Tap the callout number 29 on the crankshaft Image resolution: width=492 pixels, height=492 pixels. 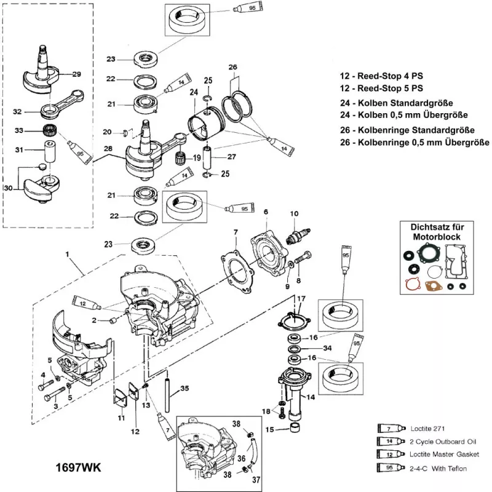(x=77, y=74)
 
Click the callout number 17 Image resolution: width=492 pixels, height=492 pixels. (x=301, y=299)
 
